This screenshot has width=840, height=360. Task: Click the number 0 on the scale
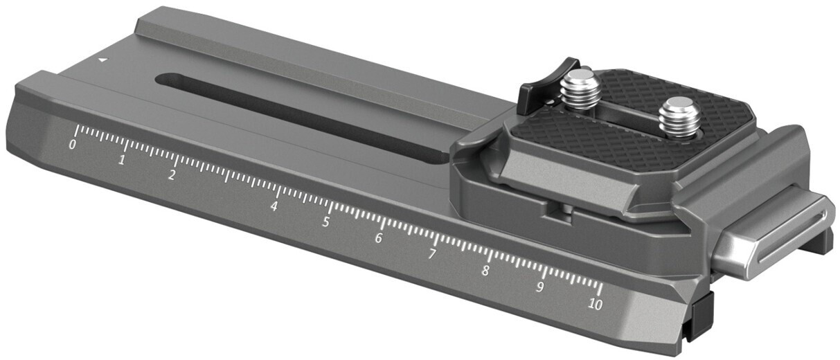click(72, 145)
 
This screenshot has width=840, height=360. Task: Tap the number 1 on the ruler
click(122, 160)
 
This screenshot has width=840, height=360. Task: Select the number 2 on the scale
click(171, 174)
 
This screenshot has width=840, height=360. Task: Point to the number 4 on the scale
click(274, 206)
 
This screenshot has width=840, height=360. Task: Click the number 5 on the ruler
click(325, 222)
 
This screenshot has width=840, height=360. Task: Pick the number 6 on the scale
click(379, 238)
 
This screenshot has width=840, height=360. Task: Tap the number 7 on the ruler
click(431, 255)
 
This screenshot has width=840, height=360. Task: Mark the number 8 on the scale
click(485, 271)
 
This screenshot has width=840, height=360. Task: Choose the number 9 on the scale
click(539, 287)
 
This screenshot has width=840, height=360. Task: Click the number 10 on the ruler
click(594, 304)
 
